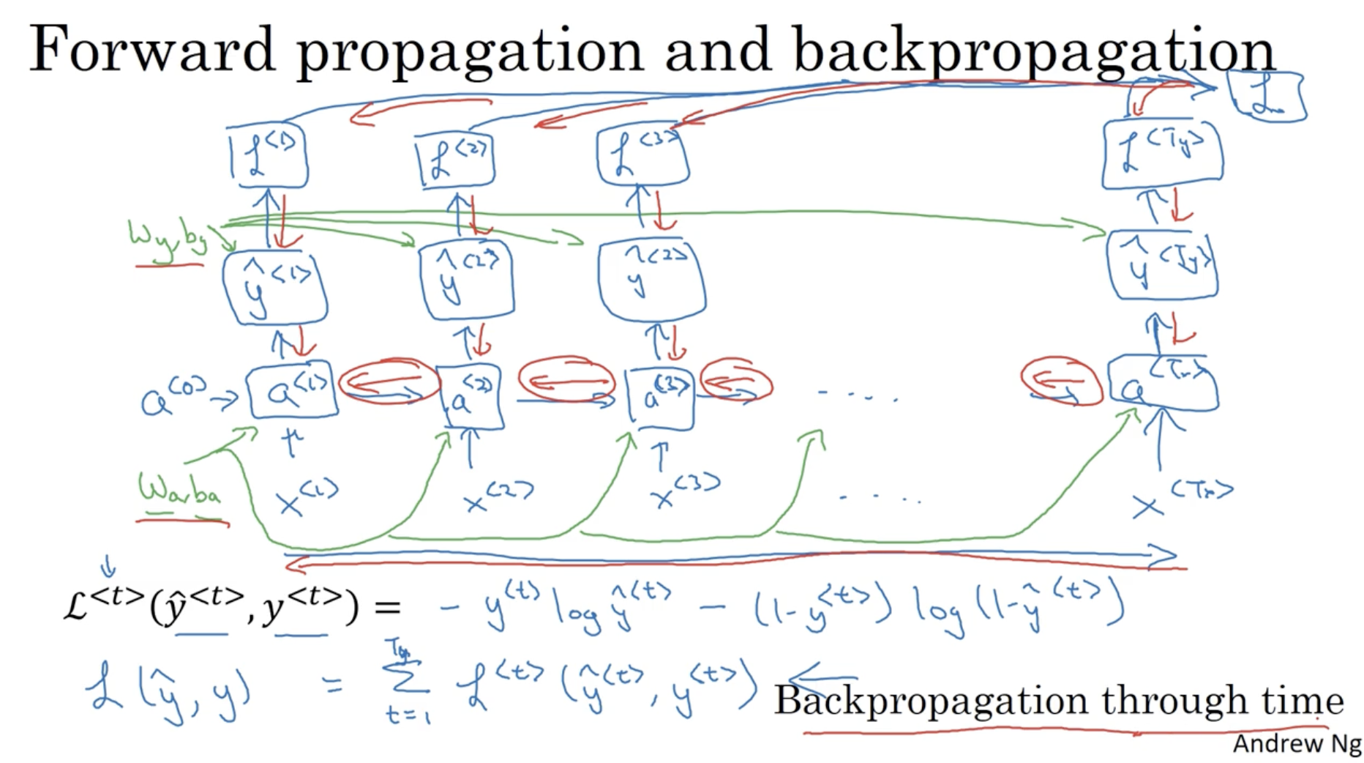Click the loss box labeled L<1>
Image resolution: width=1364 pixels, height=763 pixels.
click(x=268, y=155)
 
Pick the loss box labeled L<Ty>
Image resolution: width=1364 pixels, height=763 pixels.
click(x=1162, y=154)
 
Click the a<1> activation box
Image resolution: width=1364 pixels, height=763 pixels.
click(x=292, y=392)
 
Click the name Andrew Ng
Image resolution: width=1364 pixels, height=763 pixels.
click(x=1296, y=744)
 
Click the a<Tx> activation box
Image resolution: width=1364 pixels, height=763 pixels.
click(x=1163, y=384)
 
